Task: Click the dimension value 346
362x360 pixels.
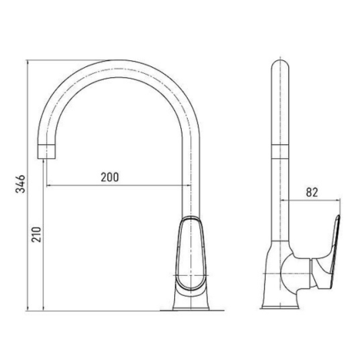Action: pyautogui.click(x=21, y=183)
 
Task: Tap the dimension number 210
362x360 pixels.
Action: pyautogui.click(x=36, y=234)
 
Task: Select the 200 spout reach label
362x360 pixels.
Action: pyautogui.click(x=110, y=177)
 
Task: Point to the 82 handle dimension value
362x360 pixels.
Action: pyautogui.click(x=312, y=192)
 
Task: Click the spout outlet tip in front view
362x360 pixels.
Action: pyautogui.click(x=46, y=152)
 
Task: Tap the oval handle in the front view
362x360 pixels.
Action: pyautogui.click(x=190, y=254)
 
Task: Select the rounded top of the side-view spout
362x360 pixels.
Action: pyautogui.click(x=280, y=66)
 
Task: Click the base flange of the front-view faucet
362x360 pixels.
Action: pyautogui.click(x=191, y=308)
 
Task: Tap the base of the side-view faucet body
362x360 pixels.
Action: pyautogui.click(x=280, y=306)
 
